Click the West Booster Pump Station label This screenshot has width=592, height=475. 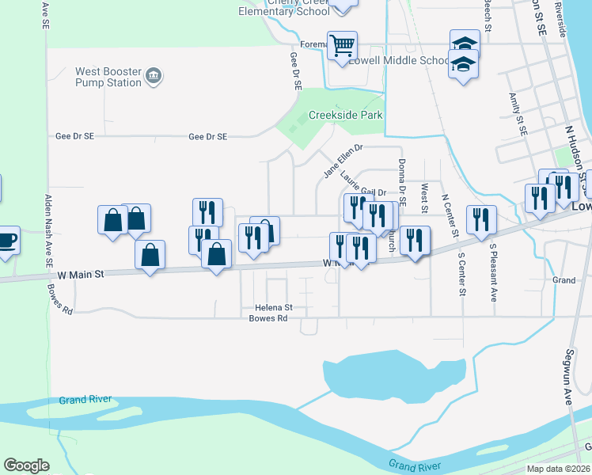[x=108, y=77]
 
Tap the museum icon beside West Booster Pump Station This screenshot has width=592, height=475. [x=154, y=77]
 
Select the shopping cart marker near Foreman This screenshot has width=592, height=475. [x=342, y=45]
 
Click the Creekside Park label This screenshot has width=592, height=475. [x=345, y=115]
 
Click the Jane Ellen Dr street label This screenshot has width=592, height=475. [x=343, y=161]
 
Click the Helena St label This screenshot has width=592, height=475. [x=274, y=307]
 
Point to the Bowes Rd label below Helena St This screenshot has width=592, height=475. [x=268, y=318]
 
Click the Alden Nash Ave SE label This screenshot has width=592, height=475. [x=49, y=230]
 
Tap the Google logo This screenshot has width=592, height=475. [x=27, y=465]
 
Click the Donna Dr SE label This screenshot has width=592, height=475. [x=402, y=182]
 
